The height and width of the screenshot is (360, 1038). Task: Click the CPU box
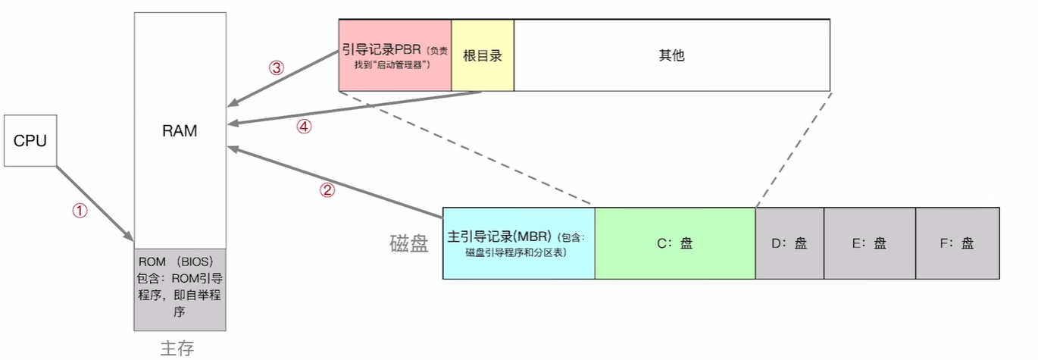pos(30,140)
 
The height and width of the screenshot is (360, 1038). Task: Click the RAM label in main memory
pos(180,131)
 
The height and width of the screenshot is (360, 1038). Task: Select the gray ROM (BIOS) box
pos(180,289)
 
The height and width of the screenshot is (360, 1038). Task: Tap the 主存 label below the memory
pos(177,348)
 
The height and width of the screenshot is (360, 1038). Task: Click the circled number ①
pos(80,211)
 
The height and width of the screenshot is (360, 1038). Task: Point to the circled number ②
pos(327,190)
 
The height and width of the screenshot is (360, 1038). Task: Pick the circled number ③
pos(277,67)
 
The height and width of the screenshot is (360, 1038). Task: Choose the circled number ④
pos(303,127)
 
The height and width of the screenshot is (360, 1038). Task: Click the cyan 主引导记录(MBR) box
pos(518,243)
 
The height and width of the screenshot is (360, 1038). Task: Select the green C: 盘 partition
pos(674,243)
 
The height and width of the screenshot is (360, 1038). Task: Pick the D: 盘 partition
pos(789,243)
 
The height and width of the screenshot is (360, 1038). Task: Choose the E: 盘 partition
pos(869,243)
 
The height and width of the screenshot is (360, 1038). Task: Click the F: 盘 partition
pos(957,243)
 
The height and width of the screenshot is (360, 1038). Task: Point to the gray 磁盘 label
pos(409,243)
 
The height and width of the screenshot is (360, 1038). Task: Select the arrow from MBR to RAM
pos(341,179)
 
